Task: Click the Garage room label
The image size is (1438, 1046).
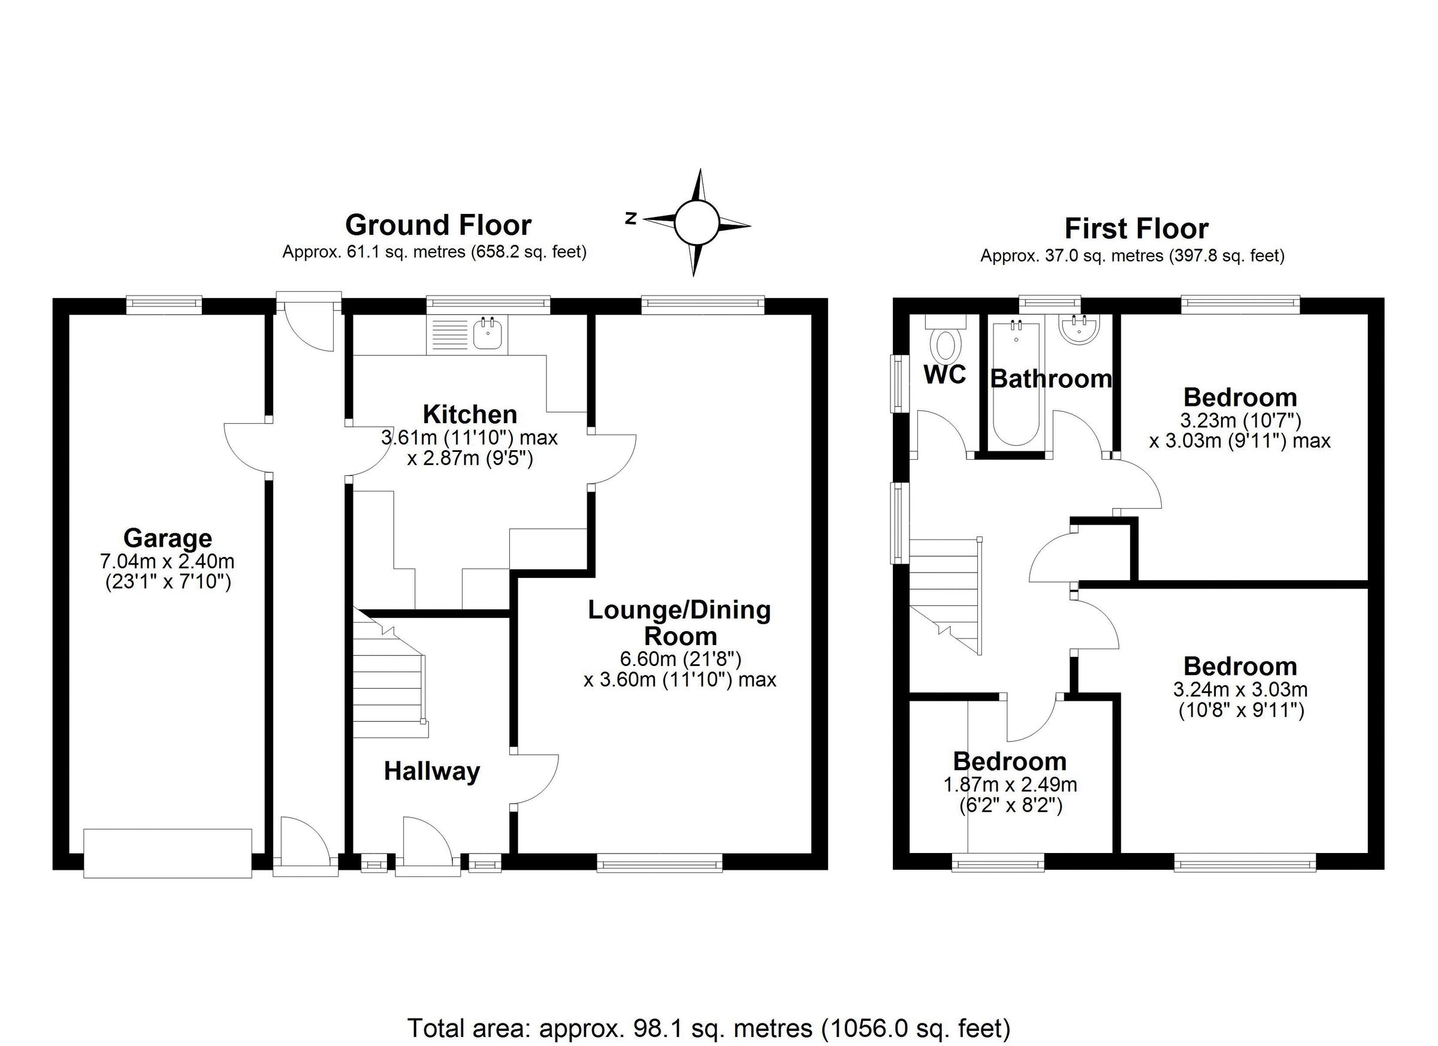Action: click(167, 538)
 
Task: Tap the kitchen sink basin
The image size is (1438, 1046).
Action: click(489, 333)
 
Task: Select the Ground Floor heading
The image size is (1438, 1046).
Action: click(437, 225)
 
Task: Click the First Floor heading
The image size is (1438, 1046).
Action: click(1136, 228)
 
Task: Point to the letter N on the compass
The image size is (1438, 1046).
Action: click(631, 219)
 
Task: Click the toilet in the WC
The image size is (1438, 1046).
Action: click(945, 346)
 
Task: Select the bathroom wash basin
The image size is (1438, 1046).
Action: click(1080, 330)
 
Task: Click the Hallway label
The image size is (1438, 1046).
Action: click(432, 771)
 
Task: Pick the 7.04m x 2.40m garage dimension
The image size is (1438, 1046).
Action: click(167, 562)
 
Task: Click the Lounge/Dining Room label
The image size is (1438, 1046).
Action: click(679, 622)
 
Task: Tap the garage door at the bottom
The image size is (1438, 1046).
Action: click(167, 852)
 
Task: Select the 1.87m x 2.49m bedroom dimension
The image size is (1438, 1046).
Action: click(1010, 785)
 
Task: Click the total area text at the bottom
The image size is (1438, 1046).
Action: click(708, 1028)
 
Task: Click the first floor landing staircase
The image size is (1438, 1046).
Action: click(945, 593)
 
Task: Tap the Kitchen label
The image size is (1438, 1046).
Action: click(470, 414)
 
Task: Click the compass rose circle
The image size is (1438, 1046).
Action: click(696, 222)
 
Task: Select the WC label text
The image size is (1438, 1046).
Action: click(945, 375)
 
